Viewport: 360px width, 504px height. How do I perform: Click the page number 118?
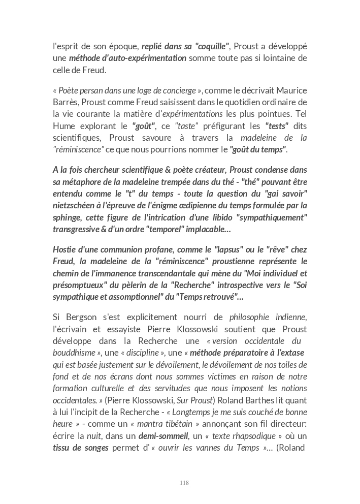click(x=184, y=483)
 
